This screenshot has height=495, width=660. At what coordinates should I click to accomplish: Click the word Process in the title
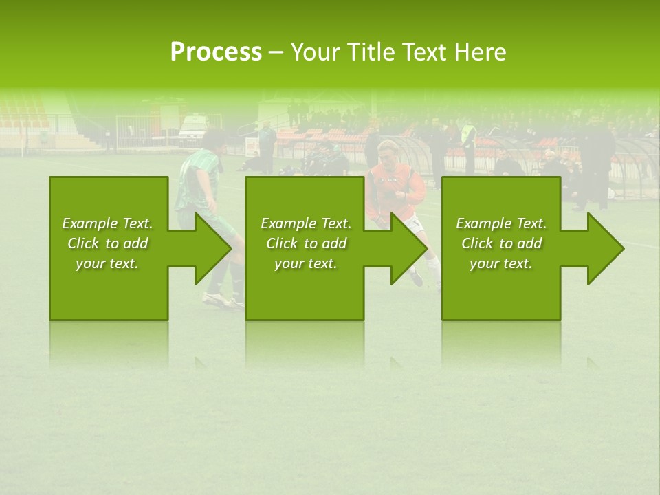216,52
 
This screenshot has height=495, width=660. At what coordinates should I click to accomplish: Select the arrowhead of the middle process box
408,248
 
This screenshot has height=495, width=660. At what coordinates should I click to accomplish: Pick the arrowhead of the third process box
605,248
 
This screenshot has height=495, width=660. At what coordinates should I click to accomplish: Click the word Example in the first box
89,223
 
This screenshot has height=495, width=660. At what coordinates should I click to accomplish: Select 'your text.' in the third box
500,263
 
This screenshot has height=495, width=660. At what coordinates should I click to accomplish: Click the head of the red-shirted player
389,148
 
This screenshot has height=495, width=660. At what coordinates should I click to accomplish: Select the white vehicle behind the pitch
193,128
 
